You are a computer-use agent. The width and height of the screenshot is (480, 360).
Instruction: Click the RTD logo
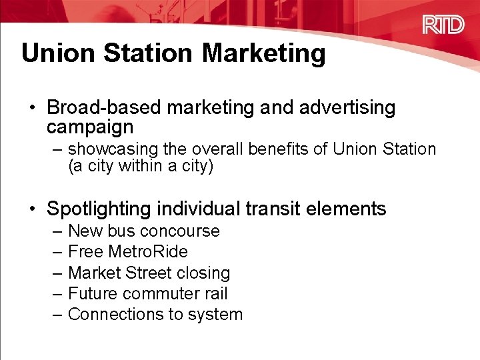point(443,25)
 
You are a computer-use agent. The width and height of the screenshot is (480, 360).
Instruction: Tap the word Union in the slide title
point(55,53)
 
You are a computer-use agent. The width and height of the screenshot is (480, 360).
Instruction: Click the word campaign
point(90,127)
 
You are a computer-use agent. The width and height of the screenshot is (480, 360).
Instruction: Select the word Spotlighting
point(99,209)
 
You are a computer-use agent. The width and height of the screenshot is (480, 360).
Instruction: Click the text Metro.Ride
point(147,252)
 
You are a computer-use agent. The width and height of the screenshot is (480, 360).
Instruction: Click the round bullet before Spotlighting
point(33,209)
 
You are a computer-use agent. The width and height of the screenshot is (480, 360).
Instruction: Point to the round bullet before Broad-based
point(33,108)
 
